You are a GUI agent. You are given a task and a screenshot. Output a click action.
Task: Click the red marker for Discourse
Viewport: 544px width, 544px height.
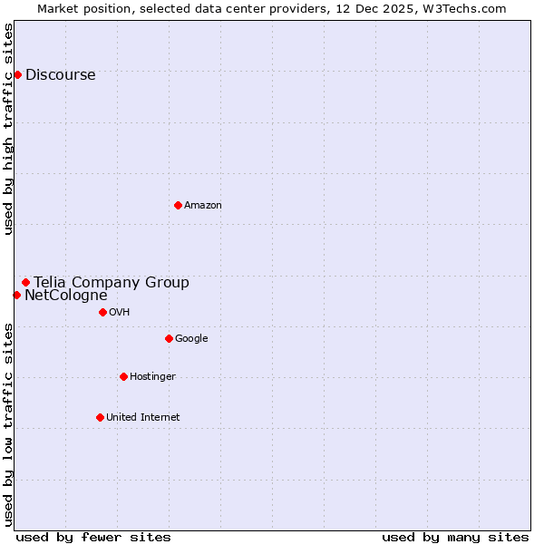point(17,74)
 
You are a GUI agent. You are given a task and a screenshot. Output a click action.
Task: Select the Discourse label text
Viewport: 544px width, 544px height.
point(60,75)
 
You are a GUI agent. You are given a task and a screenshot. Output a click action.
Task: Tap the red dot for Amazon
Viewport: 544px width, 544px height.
point(178,205)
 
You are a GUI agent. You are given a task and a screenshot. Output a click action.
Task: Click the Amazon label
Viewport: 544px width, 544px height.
point(203,206)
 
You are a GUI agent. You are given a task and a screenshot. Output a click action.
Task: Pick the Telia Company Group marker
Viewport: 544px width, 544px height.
point(26,282)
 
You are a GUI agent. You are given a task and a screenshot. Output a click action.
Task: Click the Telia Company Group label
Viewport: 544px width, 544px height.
point(112,283)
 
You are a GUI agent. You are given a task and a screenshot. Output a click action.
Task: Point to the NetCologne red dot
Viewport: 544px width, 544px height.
point(16,295)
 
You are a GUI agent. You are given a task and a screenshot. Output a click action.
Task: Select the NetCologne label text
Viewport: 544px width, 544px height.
point(66,296)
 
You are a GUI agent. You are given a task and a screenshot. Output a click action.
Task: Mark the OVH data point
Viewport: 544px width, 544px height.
point(102,312)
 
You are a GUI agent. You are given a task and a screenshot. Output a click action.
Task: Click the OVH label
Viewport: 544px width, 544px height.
point(119,313)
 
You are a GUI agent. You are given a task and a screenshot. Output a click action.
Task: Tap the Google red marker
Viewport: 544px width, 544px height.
point(169,338)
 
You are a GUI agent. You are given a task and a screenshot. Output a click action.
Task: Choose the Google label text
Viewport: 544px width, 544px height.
point(191,339)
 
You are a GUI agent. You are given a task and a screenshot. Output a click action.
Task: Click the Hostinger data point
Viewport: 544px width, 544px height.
point(123,376)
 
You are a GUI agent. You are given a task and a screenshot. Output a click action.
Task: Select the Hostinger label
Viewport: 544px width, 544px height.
point(152,377)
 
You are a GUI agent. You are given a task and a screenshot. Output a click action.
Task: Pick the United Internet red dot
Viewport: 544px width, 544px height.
point(100,417)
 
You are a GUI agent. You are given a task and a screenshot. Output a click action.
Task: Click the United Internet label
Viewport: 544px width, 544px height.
point(142,418)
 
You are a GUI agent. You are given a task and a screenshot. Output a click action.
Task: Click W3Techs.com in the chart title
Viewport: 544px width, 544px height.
point(468,8)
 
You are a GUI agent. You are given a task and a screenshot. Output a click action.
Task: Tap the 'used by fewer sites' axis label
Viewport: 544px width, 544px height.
point(93,537)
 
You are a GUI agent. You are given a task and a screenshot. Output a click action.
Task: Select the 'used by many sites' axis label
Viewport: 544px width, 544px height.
point(455,537)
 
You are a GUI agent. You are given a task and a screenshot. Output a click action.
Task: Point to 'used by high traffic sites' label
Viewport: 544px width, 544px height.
point(8,129)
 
